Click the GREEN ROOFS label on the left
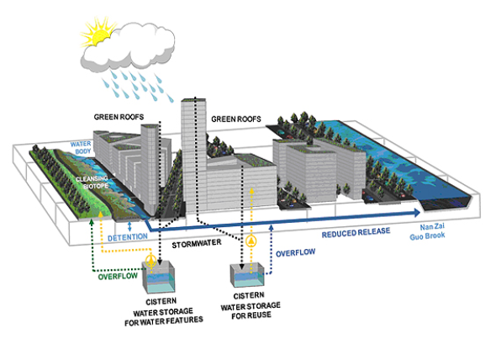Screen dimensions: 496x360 [x=119, y=117]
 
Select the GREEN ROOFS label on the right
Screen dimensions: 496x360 [x=236, y=119]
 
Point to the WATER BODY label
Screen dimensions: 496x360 [x=81, y=147]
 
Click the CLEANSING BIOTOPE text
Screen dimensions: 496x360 [x=92, y=183]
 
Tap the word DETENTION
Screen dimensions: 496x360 [x=128, y=237]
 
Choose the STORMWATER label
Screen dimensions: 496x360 [x=197, y=243]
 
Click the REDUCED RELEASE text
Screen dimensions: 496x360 [x=356, y=232]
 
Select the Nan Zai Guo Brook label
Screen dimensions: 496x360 [x=427, y=231]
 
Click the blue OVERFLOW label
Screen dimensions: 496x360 [x=295, y=252]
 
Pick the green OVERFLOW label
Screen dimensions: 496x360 [x=118, y=276]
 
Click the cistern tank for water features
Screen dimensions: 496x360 [x=159, y=277]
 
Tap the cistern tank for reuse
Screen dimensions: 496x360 [x=247, y=275]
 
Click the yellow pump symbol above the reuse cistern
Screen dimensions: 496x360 [x=251, y=241]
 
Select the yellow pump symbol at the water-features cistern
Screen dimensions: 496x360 [x=150, y=261]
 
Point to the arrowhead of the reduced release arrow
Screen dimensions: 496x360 [x=416, y=213]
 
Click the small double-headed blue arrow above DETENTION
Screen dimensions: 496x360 [x=129, y=226]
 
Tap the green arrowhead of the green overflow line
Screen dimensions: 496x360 [x=92, y=222]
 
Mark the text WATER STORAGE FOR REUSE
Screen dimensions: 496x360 [x=251, y=310]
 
